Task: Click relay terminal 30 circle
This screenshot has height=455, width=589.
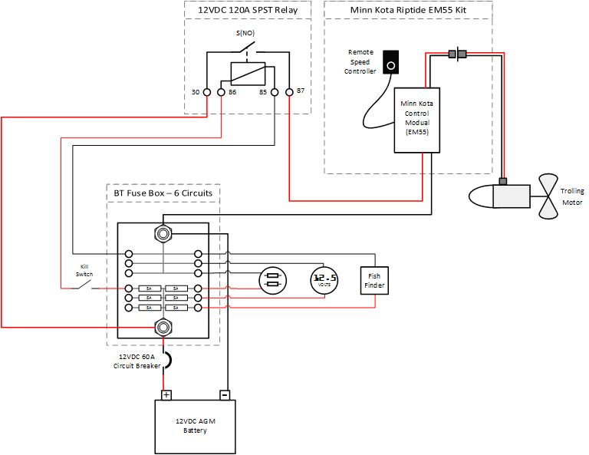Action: pyautogui.click(x=206, y=92)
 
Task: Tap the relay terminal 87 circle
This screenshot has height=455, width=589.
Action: pyautogui.click(x=289, y=92)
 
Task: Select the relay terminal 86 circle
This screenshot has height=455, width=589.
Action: pyautogui.click(x=221, y=92)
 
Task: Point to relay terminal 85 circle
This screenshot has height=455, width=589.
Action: pyautogui.click(x=275, y=92)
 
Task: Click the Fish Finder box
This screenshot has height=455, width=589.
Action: pyautogui.click(x=374, y=281)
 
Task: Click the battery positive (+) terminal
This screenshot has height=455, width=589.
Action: pyautogui.click(x=166, y=394)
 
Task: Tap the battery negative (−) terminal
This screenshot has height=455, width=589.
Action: pyautogui.click(x=225, y=394)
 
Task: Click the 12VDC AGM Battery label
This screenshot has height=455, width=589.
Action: pyautogui.click(x=195, y=426)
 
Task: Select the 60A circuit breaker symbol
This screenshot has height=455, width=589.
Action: pyautogui.click(x=165, y=359)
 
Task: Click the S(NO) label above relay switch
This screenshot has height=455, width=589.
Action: pyautogui.click(x=245, y=34)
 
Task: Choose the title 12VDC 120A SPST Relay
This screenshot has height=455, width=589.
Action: pyautogui.click(x=248, y=11)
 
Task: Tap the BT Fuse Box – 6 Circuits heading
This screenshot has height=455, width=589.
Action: pyautogui.click(x=163, y=194)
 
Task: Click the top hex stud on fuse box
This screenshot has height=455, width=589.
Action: pyautogui.click(x=163, y=232)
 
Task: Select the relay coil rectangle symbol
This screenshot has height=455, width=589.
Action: pyautogui.click(x=248, y=73)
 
